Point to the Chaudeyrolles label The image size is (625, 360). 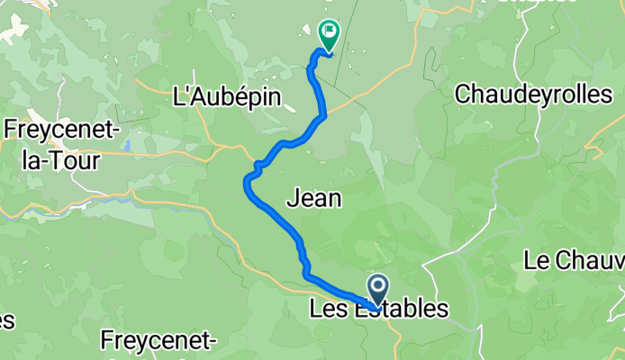point(529,93)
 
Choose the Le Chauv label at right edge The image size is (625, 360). point(573,262)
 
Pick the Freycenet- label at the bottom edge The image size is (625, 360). point(158,340)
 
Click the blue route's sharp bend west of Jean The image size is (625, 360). point(247,184)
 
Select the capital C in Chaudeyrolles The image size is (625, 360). point(463,93)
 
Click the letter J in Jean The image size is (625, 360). point(290,200)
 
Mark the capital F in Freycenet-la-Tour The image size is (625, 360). point(11,130)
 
